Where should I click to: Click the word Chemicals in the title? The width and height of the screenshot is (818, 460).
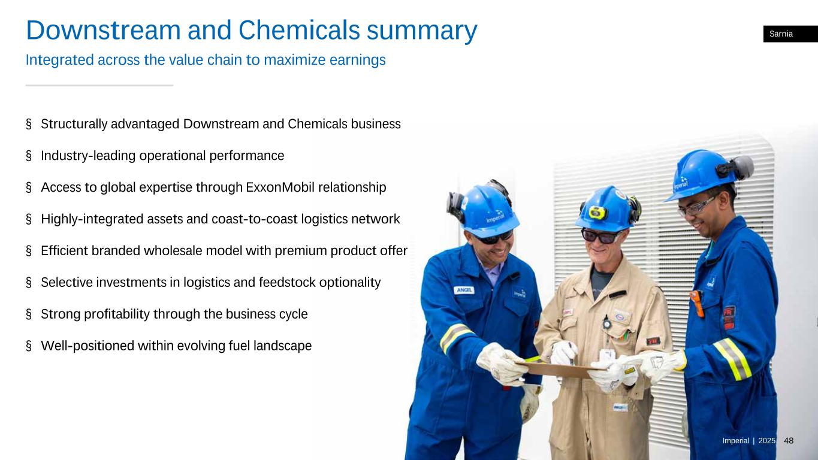[x=299, y=30]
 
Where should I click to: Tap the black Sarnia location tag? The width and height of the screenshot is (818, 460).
[x=790, y=34]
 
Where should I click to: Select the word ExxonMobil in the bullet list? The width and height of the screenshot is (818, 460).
[x=280, y=187]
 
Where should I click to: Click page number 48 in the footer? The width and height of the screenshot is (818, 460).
[x=789, y=441]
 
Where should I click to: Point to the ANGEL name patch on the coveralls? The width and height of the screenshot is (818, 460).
[x=464, y=290]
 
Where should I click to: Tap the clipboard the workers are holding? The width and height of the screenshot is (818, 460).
[x=559, y=370]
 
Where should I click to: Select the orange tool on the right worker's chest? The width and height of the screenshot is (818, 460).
[x=697, y=303]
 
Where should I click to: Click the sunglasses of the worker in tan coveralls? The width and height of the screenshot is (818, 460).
[x=600, y=236]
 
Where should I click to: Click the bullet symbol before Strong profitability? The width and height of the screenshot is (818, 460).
[x=29, y=314]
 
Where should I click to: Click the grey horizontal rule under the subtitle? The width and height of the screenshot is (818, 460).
[x=99, y=86]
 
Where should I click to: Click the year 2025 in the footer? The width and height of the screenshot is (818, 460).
[x=767, y=441]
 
